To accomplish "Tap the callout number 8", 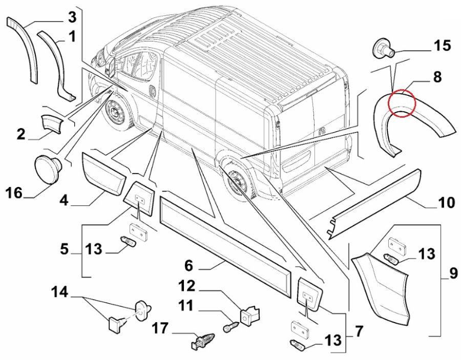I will click(436, 77).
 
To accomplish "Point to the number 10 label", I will click(446, 203).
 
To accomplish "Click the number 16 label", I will click(15, 193).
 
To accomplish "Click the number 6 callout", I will click(188, 266).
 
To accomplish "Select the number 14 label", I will click(59, 292).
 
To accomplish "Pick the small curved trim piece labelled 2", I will click(51, 123).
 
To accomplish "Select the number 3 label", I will click(72, 17).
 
